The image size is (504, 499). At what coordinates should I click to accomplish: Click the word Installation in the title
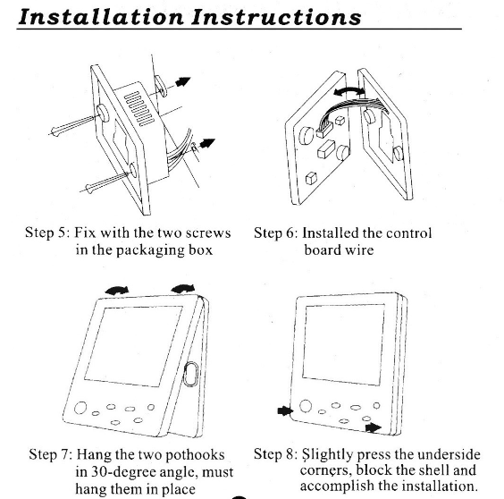click(x=101, y=17)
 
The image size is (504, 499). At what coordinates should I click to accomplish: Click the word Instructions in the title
click(x=276, y=17)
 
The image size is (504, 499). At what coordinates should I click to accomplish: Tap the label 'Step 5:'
click(x=47, y=233)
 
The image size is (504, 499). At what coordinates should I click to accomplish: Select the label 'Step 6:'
click(x=276, y=233)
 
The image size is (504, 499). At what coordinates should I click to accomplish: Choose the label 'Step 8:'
click(x=275, y=454)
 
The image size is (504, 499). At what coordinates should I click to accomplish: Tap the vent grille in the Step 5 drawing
click(x=139, y=108)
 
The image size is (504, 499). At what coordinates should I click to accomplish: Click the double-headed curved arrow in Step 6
click(x=349, y=92)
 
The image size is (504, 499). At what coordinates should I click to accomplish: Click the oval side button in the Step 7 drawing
click(x=190, y=374)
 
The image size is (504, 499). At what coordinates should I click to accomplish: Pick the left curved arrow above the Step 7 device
click(x=117, y=291)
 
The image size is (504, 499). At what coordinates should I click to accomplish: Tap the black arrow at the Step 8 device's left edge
click(x=285, y=410)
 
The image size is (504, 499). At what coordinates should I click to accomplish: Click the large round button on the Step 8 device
click(x=306, y=406)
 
